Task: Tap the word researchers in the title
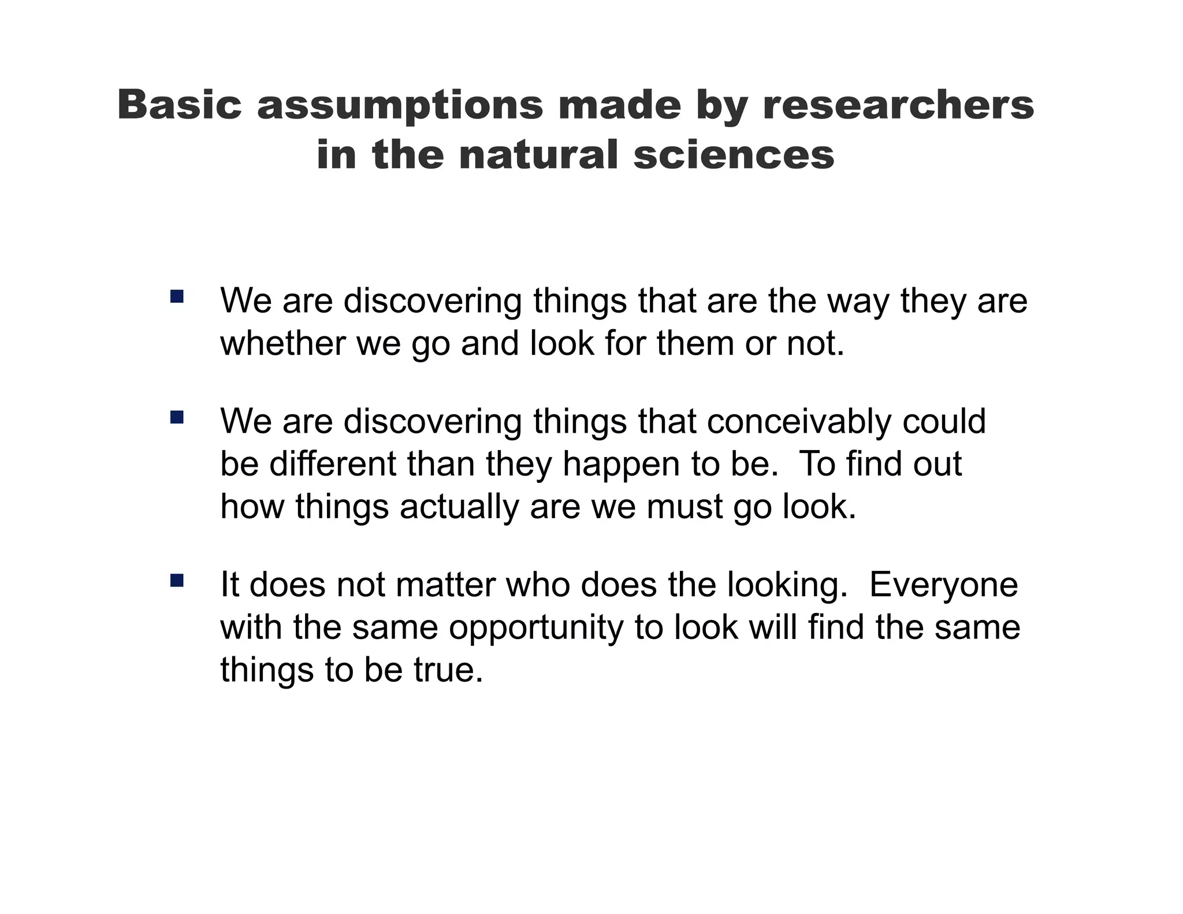pos(898,105)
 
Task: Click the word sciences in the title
pos(734,155)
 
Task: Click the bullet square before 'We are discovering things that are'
pos(177,297)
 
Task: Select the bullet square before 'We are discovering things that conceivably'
pos(177,417)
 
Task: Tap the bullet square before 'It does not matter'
pos(177,580)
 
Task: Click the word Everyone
pos(943,585)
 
